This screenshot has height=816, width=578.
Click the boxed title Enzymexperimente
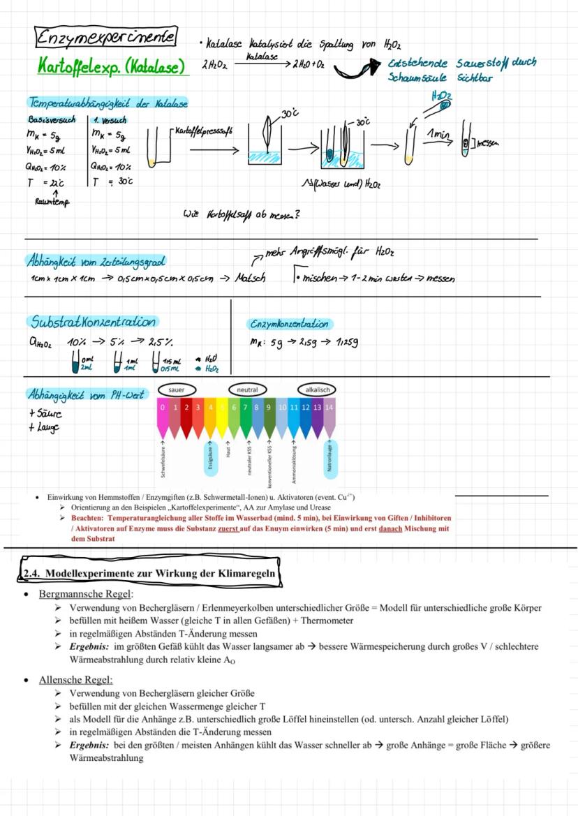tap(106, 36)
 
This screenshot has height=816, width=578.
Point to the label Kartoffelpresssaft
tap(203, 131)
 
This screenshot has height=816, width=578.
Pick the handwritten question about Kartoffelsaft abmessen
tap(241, 214)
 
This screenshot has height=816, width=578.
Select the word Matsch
tap(249, 278)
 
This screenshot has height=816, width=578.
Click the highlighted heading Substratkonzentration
tap(94, 321)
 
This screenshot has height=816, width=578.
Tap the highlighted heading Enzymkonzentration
tap(290, 324)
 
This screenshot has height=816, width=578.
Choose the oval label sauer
tap(176, 390)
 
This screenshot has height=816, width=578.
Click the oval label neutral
tap(247, 390)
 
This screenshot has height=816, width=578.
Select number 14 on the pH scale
tap(329, 407)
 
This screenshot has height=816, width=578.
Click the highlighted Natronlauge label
tap(330, 458)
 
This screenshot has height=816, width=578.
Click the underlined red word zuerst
tap(229, 529)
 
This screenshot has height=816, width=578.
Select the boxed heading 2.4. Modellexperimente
tap(150, 573)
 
